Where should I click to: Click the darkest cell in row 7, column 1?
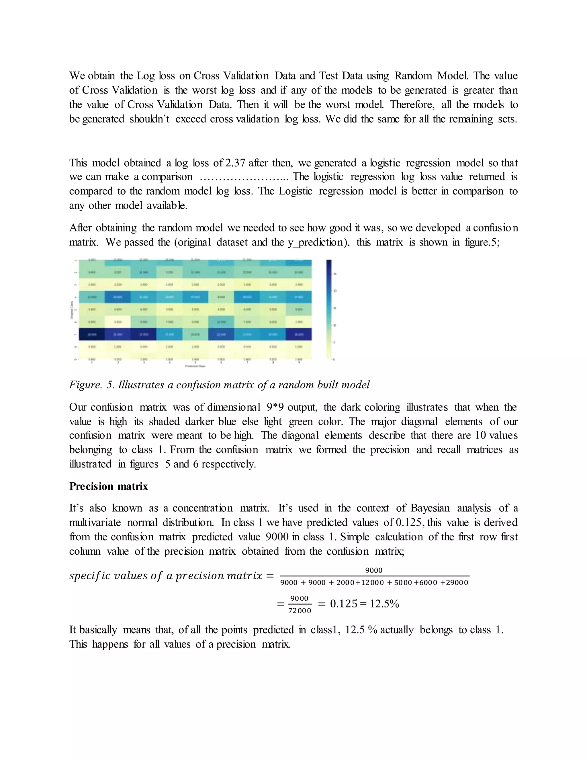click(x=92, y=334)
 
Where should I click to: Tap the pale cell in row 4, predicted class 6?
click(x=221, y=297)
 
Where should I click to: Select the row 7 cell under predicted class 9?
click(x=299, y=334)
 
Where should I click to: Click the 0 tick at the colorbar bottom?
click(x=334, y=359)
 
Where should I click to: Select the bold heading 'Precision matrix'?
click(x=109, y=486)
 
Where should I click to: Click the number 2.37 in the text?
click(x=235, y=163)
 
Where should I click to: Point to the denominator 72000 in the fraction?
click(x=300, y=611)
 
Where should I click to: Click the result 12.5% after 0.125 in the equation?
click(x=384, y=604)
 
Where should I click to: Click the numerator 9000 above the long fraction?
click(x=374, y=570)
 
